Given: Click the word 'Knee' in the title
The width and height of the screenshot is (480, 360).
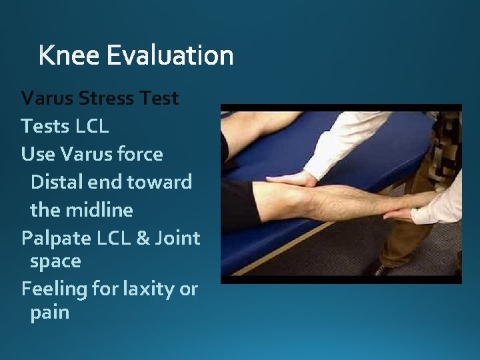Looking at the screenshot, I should pyautogui.click(x=69, y=55).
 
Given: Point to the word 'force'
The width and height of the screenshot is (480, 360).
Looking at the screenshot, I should pyautogui.click(x=139, y=154).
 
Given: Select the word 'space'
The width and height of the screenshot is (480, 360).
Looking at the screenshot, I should pyautogui.click(x=55, y=261).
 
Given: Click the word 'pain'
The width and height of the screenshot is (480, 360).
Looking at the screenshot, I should pyautogui.click(x=49, y=312).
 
